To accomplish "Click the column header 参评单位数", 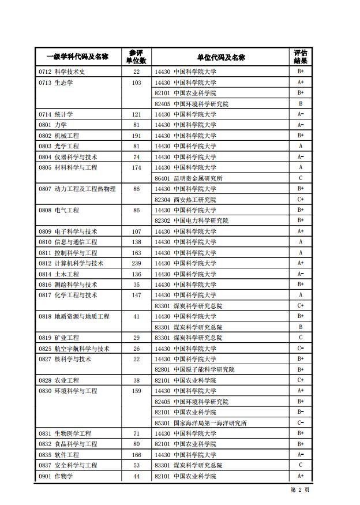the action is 136,57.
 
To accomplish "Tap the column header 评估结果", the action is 300,57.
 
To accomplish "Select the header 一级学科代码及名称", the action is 77,57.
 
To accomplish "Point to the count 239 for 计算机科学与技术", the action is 136,263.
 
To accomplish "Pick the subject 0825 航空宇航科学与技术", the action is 74,349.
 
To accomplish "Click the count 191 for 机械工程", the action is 136,136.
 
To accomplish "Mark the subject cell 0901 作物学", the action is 56,476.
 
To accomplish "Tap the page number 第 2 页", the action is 300,489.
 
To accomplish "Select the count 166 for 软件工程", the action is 136,455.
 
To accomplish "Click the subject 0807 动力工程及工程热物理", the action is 77,189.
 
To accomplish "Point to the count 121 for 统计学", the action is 136,114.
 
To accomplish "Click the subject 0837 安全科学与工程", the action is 68,465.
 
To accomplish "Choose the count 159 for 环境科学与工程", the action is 136,391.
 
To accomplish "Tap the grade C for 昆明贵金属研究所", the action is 301,178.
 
